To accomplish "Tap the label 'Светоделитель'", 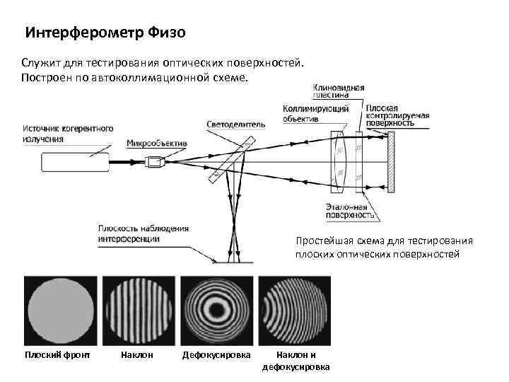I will (x=236, y=124).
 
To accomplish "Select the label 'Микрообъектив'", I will (x=156, y=144).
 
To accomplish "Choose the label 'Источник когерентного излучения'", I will (x=68, y=134).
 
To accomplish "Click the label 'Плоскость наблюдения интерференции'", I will (x=144, y=233).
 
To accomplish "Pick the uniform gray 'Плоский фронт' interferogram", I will (x=61, y=309).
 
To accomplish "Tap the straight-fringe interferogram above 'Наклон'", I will (x=138, y=309).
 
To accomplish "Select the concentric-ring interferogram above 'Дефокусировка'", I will (x=215, y=309).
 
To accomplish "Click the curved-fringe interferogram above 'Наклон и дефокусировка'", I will (x=293, y=309).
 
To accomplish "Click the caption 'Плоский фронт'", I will (x=57, y=354).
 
